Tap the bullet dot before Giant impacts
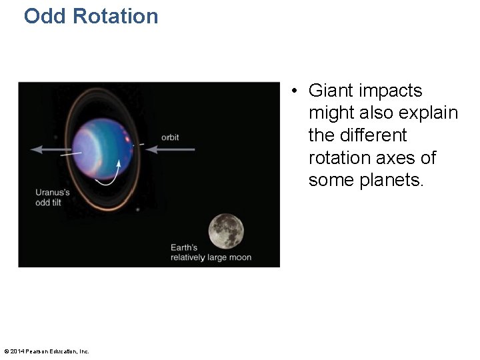pyautogui.click(x=295, y=91)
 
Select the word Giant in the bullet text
pyautogui.click(x=331, y=91)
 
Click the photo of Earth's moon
pyautogui.click(x=226, y=231)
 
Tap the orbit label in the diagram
pyautogui.click(x=170, y=137)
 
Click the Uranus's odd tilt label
pyautogui.click(x=53, y=197)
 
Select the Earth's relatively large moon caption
pyautogui.click(x=211, y=253)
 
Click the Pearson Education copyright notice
pyautogui.click(x=47, y=351)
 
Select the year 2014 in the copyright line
pyautogui.click(x=19, y=351)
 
